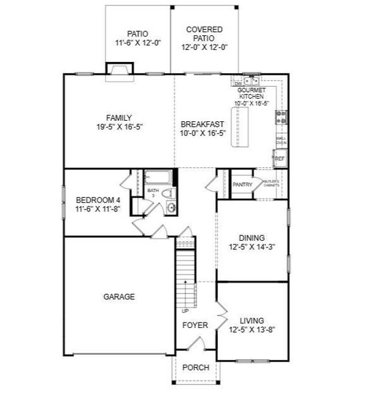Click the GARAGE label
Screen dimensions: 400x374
click(x=119, y=297)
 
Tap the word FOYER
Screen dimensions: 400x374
click(x=195, y=325)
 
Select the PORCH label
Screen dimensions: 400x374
click(x=195, y=367)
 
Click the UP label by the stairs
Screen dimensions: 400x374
click(x=185, y=311)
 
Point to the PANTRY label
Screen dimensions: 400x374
click(x=243, y=185)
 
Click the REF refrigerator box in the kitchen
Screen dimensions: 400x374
click(x=280, y=159)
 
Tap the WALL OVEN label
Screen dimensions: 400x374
click(x=281, y=140)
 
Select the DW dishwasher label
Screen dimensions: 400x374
click(x=237, y=83)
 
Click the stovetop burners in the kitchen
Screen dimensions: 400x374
click(x=281, y=117)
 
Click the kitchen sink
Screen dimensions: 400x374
click(x=249, y=80)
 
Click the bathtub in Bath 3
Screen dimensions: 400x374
click(x=157, y=177)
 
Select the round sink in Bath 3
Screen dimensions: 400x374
click(x=171, y=208)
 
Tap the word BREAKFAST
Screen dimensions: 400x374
click(x=202, y=124)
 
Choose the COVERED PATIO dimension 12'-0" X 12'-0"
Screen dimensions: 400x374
click(x=205, y=47)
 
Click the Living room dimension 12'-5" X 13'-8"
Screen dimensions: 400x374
click(x=251, y=329)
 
